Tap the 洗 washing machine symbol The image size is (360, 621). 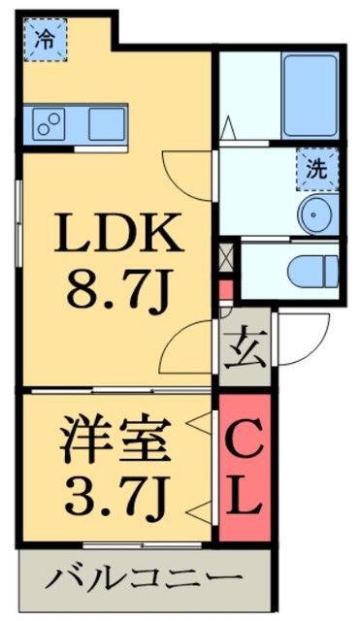pos(316,166)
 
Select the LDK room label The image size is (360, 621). pos(115,232)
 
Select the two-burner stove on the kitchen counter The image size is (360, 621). pos(49,123)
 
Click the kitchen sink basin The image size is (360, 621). pos(107,123)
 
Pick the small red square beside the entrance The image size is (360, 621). pos(226,290)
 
